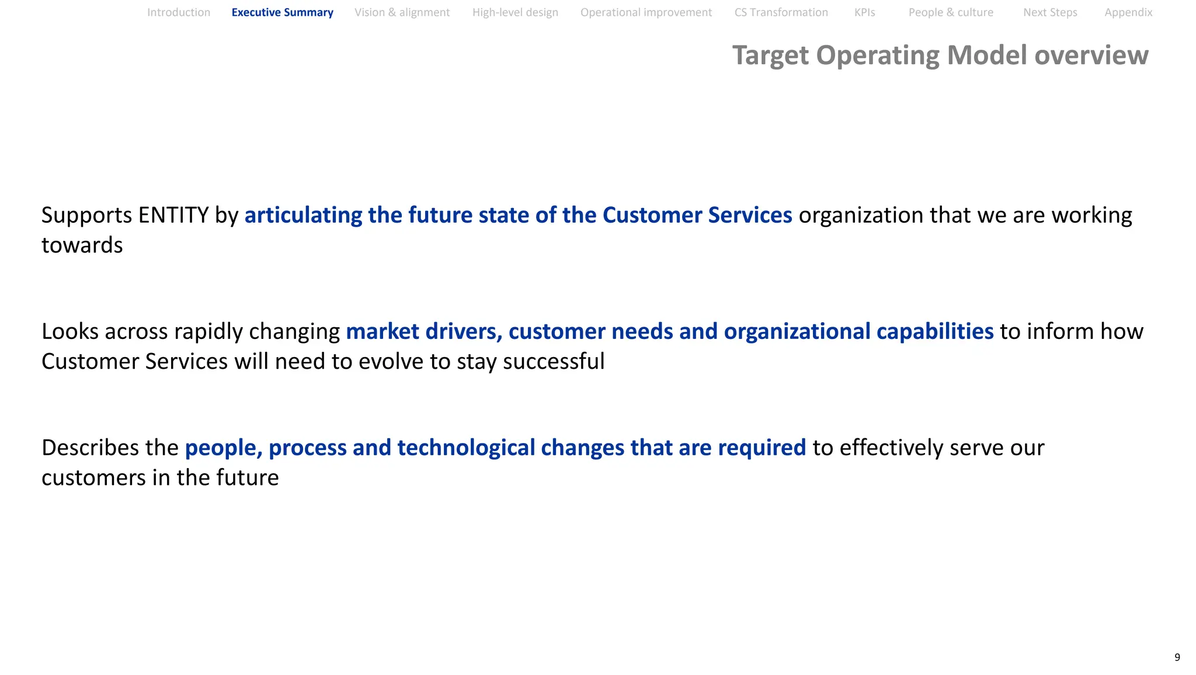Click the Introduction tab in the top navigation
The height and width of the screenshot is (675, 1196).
[179, 12]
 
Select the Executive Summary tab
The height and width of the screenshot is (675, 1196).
[282, 12]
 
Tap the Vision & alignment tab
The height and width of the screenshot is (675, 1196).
[402, 12]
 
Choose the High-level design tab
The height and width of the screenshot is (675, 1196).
[515, 12]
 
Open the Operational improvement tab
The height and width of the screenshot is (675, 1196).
[646, 12]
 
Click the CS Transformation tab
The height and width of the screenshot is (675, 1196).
[781, 12]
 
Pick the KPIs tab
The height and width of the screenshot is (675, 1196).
[864, 12]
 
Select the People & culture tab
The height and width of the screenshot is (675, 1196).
[951, 12]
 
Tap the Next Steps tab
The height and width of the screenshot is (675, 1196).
[1050, 12]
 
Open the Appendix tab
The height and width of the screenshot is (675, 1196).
[1128, 12]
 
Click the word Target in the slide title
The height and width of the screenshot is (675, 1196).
[770, 56]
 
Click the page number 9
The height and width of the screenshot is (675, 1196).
[1177, 657]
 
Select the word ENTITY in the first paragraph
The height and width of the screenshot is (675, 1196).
[173, 215]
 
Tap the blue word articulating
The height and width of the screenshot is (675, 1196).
[303, 215]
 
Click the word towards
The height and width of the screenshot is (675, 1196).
[82, 245]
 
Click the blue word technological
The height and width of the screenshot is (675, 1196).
[466, 448]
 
